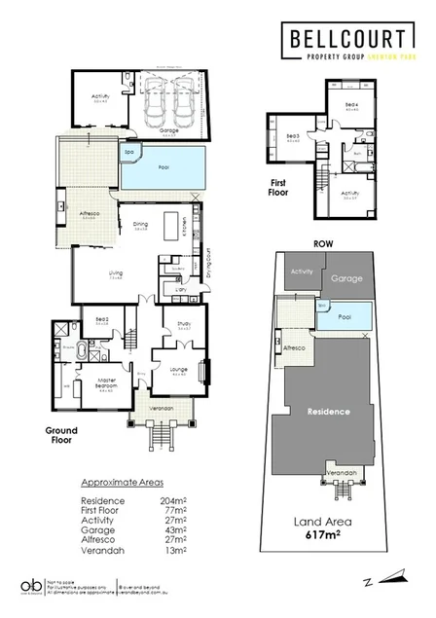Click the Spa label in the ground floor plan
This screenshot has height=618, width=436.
click(x=128, y=153)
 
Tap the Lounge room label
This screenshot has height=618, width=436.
click(x=180, y=372)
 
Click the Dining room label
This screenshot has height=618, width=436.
click(x=142, y=225)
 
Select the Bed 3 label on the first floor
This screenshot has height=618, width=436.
click(x=290, y=137)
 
